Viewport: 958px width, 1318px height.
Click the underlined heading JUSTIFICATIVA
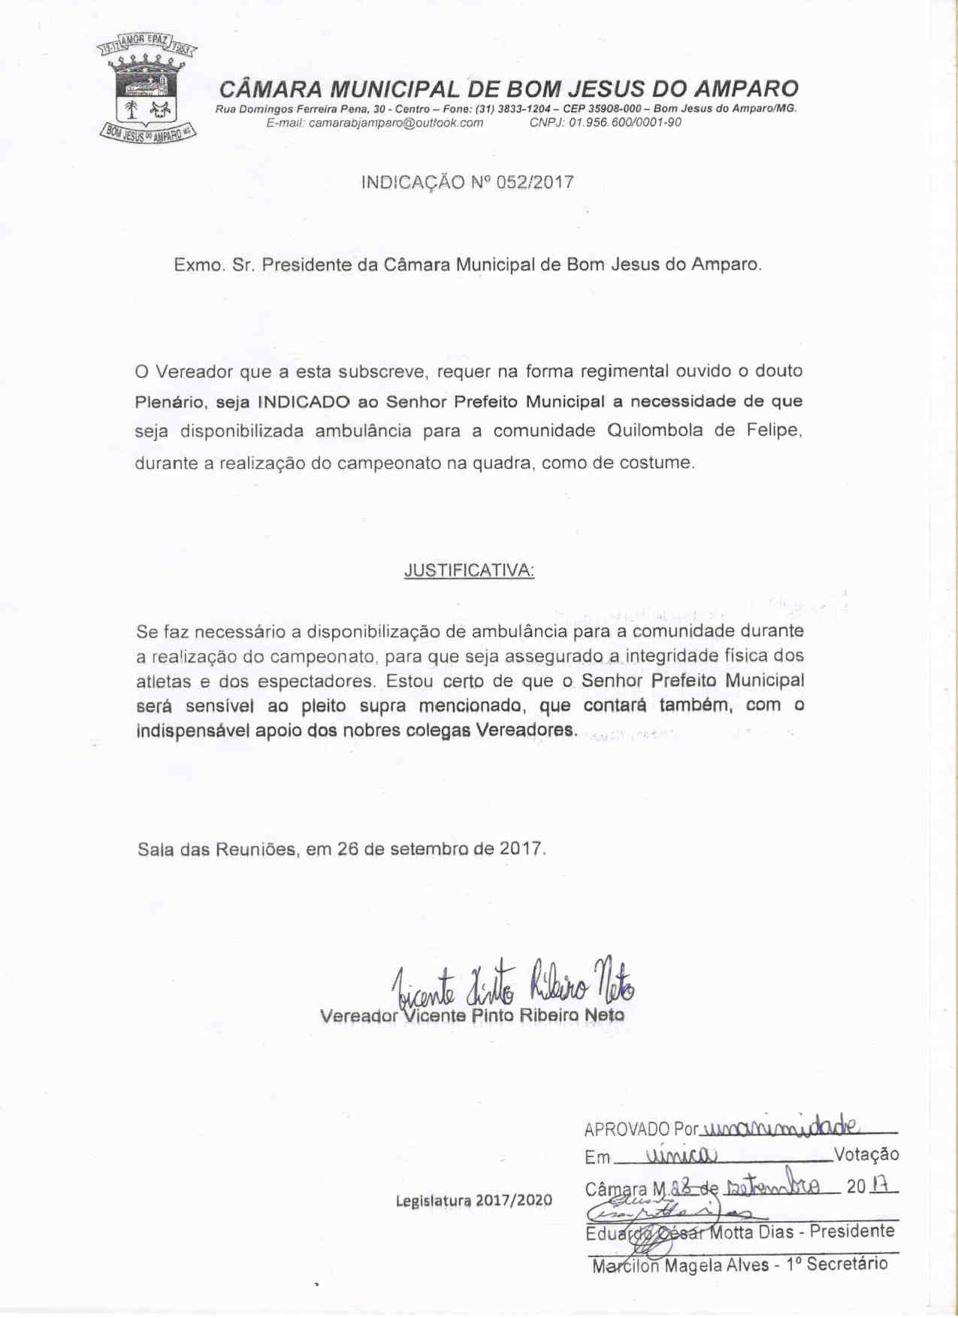click(x=469, y=570)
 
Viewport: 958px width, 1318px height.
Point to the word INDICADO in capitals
click(x=304, y=402)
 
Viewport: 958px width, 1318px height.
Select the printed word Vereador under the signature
click(x=358, y=1016)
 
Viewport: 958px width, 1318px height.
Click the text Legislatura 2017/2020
click(x=473, y=1200)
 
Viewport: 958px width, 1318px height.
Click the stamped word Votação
click(x=866, y=1155)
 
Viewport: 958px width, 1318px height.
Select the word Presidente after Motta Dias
click(x=852, y=1232)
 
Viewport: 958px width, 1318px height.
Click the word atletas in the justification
click(x=163, y=682)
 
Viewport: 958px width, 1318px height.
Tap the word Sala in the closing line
click(x=156, y=850)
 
